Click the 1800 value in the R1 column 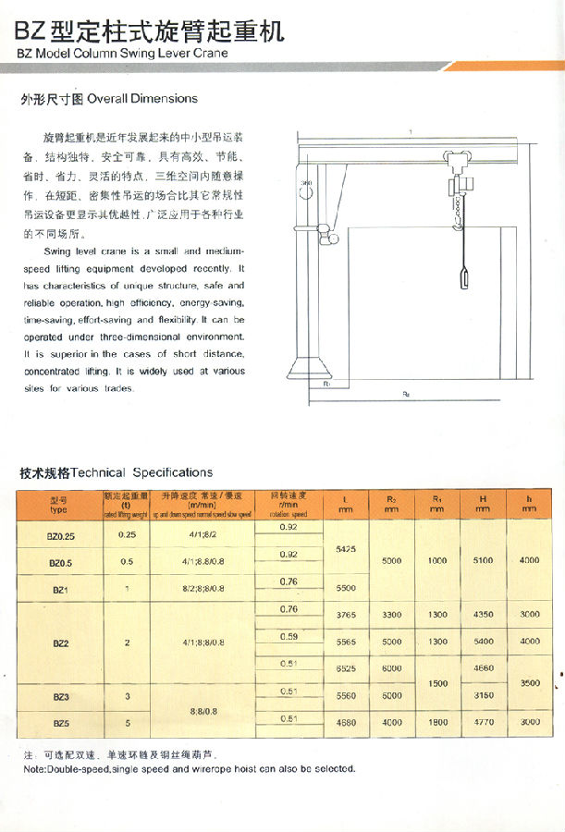(x=437, y=723)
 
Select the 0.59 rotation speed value (x=289, y=636)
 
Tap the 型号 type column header (x=59, y=504)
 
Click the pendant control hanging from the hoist (x=464, y=276)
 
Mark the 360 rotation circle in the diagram (x=306, y=191)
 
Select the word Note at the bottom (x=33, y=769)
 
